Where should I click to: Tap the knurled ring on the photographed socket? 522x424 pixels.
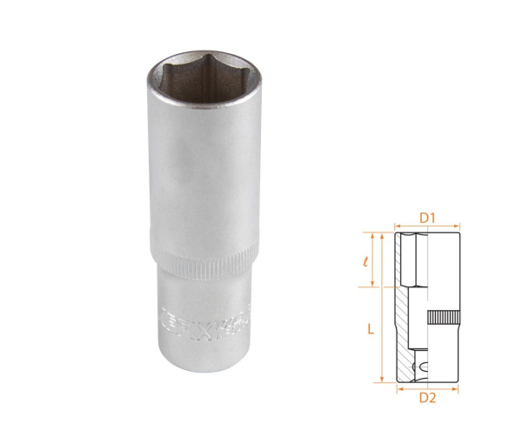202,259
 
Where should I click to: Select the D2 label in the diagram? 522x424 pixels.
426,398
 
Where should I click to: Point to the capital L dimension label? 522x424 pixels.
370,329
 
